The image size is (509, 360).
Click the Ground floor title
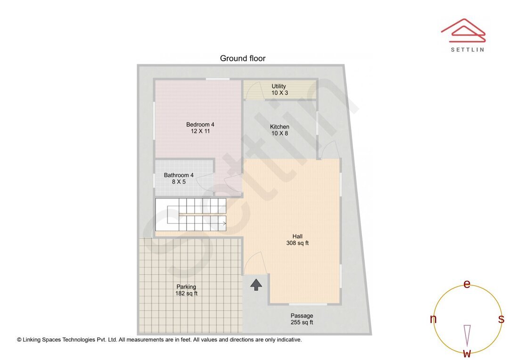click(243, 58)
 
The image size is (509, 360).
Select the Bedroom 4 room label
click(200, 124)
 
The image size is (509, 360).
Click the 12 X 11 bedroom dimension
click(200, 131)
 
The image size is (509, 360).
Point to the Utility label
click(279, 86)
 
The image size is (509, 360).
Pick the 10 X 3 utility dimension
click(279, 93)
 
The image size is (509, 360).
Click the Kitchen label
click(279, 127)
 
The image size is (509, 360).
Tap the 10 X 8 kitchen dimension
click(279, 133)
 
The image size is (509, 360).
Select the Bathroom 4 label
click(179, 175)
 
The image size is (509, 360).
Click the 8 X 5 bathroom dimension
click(179, 182)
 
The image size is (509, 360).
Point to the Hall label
click(297, 237)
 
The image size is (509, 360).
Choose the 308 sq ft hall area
click(297, 244)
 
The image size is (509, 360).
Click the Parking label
click(186, 286)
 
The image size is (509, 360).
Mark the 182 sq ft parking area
click(186, 294)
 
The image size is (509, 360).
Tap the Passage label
click(302, 316)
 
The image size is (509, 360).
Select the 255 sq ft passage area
click(302, 323)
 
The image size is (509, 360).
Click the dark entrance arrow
click(256, 284)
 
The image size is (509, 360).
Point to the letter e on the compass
click(467, 284)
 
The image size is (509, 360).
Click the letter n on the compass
click(433, 319)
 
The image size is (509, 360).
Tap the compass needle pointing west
click(467, 335)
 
